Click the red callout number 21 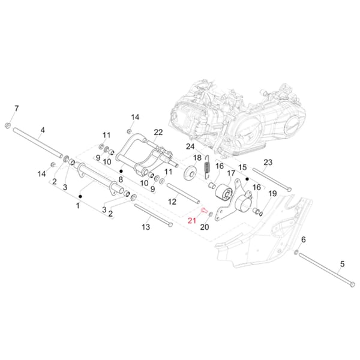(x=192, y=220)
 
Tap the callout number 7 (x=16, y=108)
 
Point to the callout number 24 (x=190, y=146)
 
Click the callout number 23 (x=268, y=163)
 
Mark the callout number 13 (x=146, y=227)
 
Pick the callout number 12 (x=172, y=202)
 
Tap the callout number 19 (x=272, y=194)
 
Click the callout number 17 (x=231, y=173)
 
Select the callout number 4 (x=43, y=130)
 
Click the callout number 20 (x=204, y=227)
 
